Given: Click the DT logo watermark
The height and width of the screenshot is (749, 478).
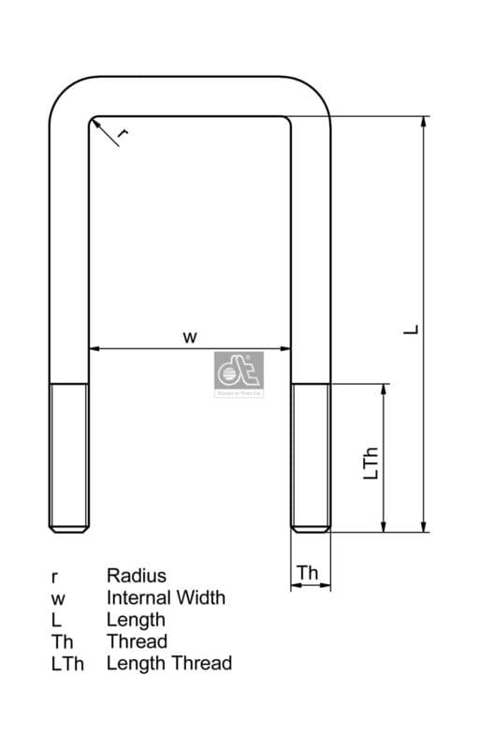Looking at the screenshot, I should pos(239,375).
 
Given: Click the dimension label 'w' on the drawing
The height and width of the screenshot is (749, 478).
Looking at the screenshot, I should pos(190,337).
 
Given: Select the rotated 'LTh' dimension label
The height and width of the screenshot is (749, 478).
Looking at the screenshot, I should pos(370,463).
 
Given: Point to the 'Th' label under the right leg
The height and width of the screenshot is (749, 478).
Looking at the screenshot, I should pos(308,572).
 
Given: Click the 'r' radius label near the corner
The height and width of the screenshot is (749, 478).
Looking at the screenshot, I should pos(123,135).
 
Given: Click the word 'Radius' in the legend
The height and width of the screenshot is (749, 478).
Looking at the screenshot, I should pos(136,576).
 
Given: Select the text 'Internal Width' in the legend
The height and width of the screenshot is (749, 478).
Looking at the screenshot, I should pos(166,597).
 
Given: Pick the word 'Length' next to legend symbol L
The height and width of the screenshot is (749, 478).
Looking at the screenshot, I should pos(136,619).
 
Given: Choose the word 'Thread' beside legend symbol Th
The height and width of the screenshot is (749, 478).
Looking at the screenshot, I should pos(137,641).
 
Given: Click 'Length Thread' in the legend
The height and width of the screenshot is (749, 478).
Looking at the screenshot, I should pos(168,663).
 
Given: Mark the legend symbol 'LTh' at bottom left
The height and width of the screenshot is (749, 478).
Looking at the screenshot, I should pos(67,664).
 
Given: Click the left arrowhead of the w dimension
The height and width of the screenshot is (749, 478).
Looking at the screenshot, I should pos(94,349).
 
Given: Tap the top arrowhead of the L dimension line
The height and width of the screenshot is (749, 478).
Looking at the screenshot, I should pos(424,122).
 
